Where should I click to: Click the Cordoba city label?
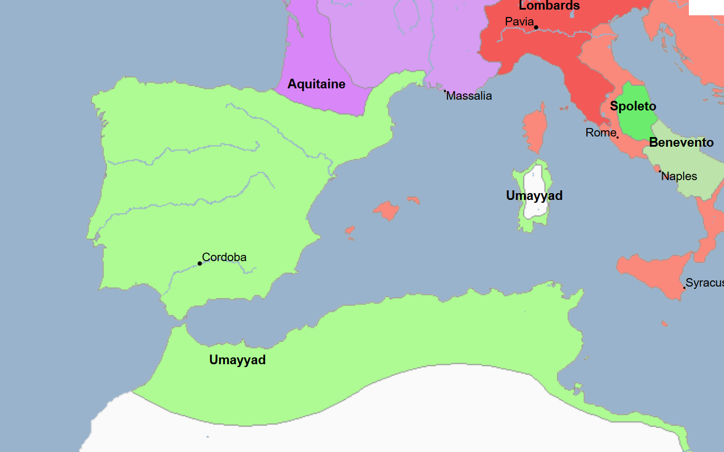[224, 257]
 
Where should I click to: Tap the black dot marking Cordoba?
[199, 263]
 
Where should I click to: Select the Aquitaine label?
[316, 84]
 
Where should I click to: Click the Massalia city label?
[469, 96]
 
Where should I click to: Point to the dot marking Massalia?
[445, 91]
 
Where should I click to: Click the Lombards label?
[549, 6]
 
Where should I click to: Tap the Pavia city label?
[519, 22]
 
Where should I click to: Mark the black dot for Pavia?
[536, 27]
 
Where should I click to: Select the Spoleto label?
[633, 106]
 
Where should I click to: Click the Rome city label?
[601, 133]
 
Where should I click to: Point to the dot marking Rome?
[617, 137]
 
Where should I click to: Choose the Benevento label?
[681, 142]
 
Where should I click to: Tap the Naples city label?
[679, 176]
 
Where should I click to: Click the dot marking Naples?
[660, 171]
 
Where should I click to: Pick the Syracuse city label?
[704, 283]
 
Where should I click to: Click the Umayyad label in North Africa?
[237, 360]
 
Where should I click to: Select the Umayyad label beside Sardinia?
[534, 196]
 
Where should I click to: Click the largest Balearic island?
[386, 210]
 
